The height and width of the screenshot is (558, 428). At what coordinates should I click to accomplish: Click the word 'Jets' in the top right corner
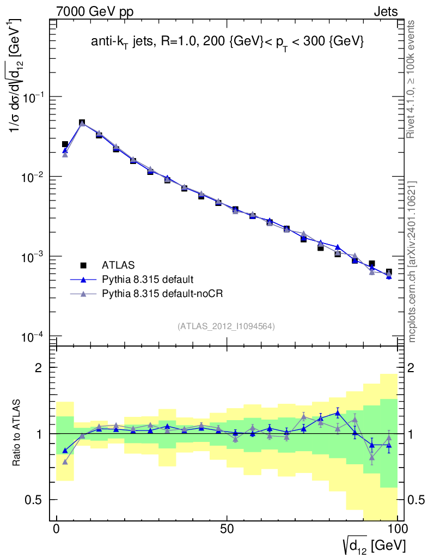coord(385,11)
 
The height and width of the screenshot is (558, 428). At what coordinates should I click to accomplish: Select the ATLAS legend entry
coord(115,265)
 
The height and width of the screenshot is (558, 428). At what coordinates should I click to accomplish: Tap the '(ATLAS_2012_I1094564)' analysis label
coord(226,326)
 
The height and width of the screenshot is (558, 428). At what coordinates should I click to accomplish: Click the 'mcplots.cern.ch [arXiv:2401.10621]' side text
coord(412,262)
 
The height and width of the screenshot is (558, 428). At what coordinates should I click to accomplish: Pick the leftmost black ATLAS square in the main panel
coord(65,144)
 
